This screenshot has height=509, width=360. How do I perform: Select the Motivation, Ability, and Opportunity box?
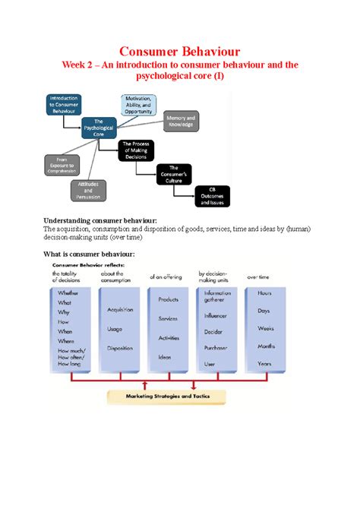(x=139, y=106)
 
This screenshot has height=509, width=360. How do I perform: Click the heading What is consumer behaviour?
(x=89, y=253)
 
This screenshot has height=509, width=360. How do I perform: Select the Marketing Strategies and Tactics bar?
(x=169, y=396)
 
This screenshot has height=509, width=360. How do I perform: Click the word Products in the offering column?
(x=168, y=299)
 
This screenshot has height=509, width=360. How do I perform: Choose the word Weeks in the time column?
(x=266, y=328)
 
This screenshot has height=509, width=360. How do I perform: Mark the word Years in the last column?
(x=266, y=364)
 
